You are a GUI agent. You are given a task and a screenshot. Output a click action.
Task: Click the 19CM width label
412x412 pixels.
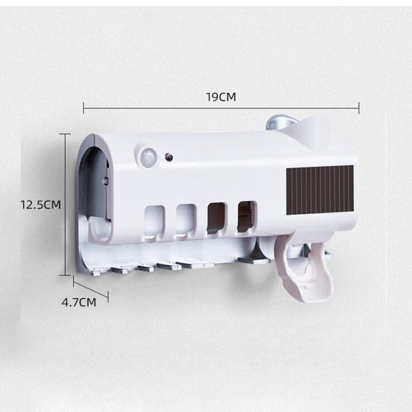point(221,97)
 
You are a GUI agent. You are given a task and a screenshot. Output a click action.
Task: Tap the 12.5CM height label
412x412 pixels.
point(41,204)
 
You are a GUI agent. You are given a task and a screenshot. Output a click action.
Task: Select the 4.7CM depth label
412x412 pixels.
point(79,302)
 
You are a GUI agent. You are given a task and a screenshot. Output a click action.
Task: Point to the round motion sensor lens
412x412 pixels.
point(149,156)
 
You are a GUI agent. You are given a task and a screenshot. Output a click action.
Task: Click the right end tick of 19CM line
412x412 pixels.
point(358,108)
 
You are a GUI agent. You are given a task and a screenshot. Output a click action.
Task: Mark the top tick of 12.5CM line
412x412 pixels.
point(65,134)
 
